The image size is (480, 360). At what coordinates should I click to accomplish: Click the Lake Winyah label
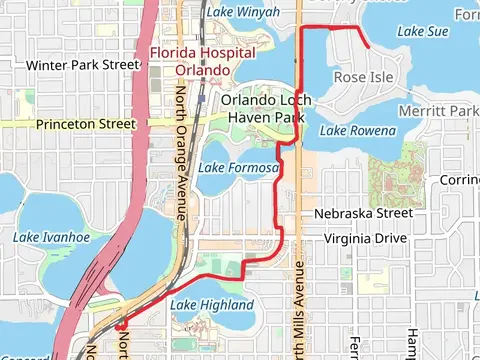(x=245, y=12)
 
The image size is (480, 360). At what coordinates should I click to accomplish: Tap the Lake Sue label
(x=422, y=32)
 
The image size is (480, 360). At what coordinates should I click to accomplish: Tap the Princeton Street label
(x=85, y=124)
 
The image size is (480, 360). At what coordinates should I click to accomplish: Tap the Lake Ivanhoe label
(x=51, y=237)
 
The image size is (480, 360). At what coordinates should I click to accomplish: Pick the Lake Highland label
(x=211, y=305)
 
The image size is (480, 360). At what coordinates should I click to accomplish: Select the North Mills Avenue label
(x=296, y=300)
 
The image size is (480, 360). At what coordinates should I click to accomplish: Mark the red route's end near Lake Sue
(x=369, y=46)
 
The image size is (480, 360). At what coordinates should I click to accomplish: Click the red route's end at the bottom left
(x=118, y=325)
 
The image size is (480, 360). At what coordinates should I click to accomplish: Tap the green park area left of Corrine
(x=399, y=170)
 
